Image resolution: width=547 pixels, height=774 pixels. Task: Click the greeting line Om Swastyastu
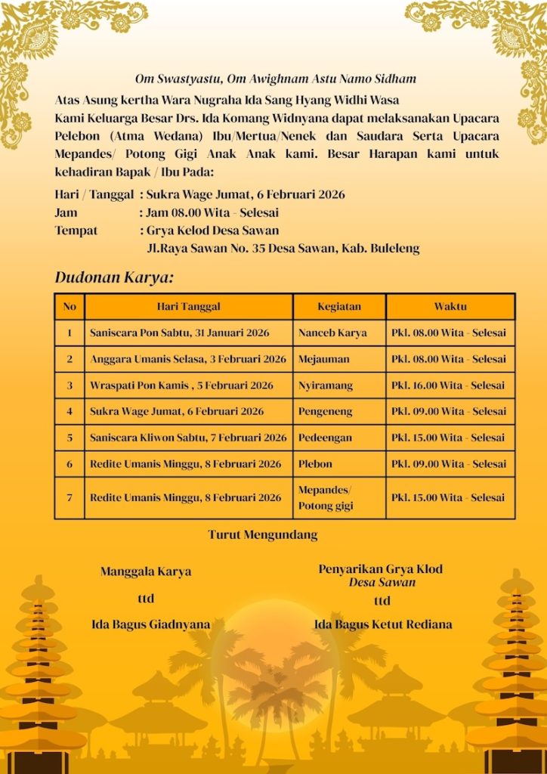[x=275, y=79]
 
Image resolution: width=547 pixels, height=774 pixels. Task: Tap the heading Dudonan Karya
[x=114, y=277]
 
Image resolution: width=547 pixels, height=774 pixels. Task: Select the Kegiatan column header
[x=339, y=307]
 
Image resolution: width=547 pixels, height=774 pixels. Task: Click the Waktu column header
[x=450, y=307]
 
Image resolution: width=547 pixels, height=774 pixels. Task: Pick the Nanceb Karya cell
[x=332, y=333]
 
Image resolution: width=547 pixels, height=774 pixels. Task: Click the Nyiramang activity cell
[x=326, y=385]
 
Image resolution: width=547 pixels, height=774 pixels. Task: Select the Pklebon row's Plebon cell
[x=315, y=464]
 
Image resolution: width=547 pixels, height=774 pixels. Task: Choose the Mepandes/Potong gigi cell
[x=325, y=497]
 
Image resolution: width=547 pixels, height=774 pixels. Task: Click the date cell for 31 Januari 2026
[x=180, y=333]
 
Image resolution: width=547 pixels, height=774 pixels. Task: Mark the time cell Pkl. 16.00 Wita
[x=448, y=385]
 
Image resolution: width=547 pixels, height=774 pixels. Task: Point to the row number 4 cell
[x=70, y=412]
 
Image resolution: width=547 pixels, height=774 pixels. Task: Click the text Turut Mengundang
[x=263, y=535]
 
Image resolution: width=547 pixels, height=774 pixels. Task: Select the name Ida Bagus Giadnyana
[x=151, y=625]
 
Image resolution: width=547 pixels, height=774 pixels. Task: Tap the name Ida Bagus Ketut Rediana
[x=383, y=624]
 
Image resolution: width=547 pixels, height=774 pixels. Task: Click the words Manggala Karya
[x=146, y=571]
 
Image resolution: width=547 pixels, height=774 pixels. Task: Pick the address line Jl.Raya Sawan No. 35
[x=283, y=248]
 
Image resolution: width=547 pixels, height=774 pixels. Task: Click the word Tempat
[x=76, y=231]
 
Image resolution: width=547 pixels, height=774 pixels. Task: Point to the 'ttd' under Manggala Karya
[x=146, y=599]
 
